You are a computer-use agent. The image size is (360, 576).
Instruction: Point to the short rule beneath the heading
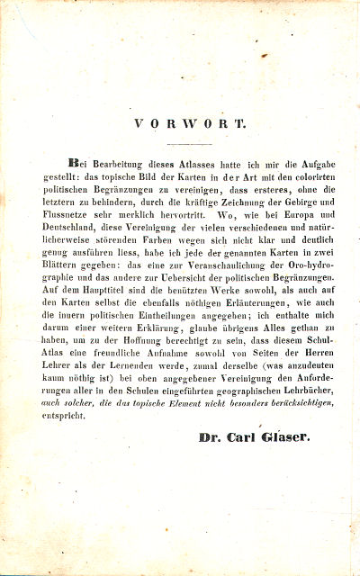point(188,143)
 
